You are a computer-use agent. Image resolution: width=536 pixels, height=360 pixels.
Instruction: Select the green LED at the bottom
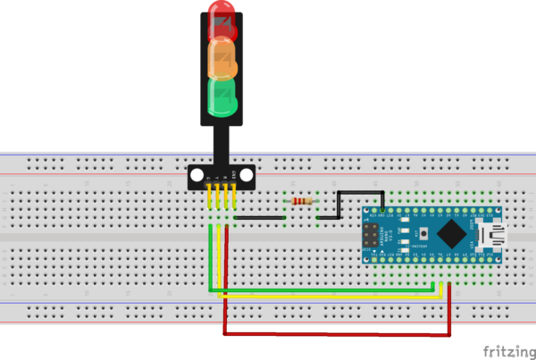(x=222, y=97)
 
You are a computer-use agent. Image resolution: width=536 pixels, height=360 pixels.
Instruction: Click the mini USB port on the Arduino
(x=491, y=236)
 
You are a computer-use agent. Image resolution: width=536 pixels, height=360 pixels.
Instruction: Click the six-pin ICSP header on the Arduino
(x=369, y=237)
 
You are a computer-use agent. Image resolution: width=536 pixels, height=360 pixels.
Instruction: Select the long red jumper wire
(x=335, y=334)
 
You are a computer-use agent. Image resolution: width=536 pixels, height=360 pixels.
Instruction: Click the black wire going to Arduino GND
(x=357, y=192)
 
